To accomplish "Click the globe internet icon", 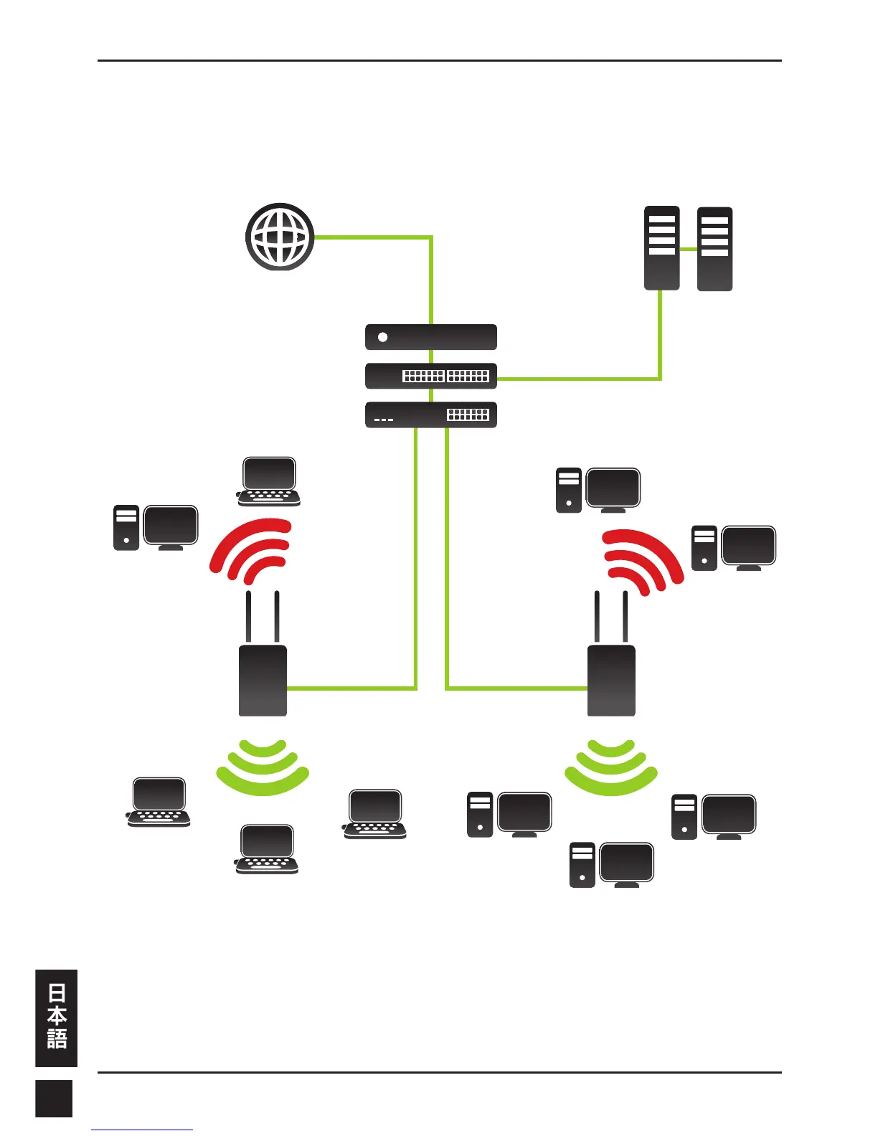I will tap(280, 237).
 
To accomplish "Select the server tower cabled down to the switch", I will tap(661, 248).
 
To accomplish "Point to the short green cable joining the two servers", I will tap(688, 249).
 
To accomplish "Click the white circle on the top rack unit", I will tap(383, 337).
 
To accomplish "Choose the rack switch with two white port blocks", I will tap(430, 376).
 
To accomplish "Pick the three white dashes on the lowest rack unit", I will tap(384, 420).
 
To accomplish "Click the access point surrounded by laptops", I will tap(263, 680).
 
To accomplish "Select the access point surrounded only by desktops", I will tap(611, 680).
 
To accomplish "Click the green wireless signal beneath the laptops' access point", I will tap(263, 767).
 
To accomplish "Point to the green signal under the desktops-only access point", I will tap(611, 767).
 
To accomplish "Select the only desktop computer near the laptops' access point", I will tap(156, 527).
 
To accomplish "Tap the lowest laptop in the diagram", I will tap(267, 849).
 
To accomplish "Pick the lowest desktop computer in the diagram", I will tap(612, 865).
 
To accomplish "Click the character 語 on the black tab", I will tap(57, 1038).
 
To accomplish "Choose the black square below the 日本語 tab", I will tap(54, 1097).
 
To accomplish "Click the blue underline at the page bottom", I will tap(142, 1130).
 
